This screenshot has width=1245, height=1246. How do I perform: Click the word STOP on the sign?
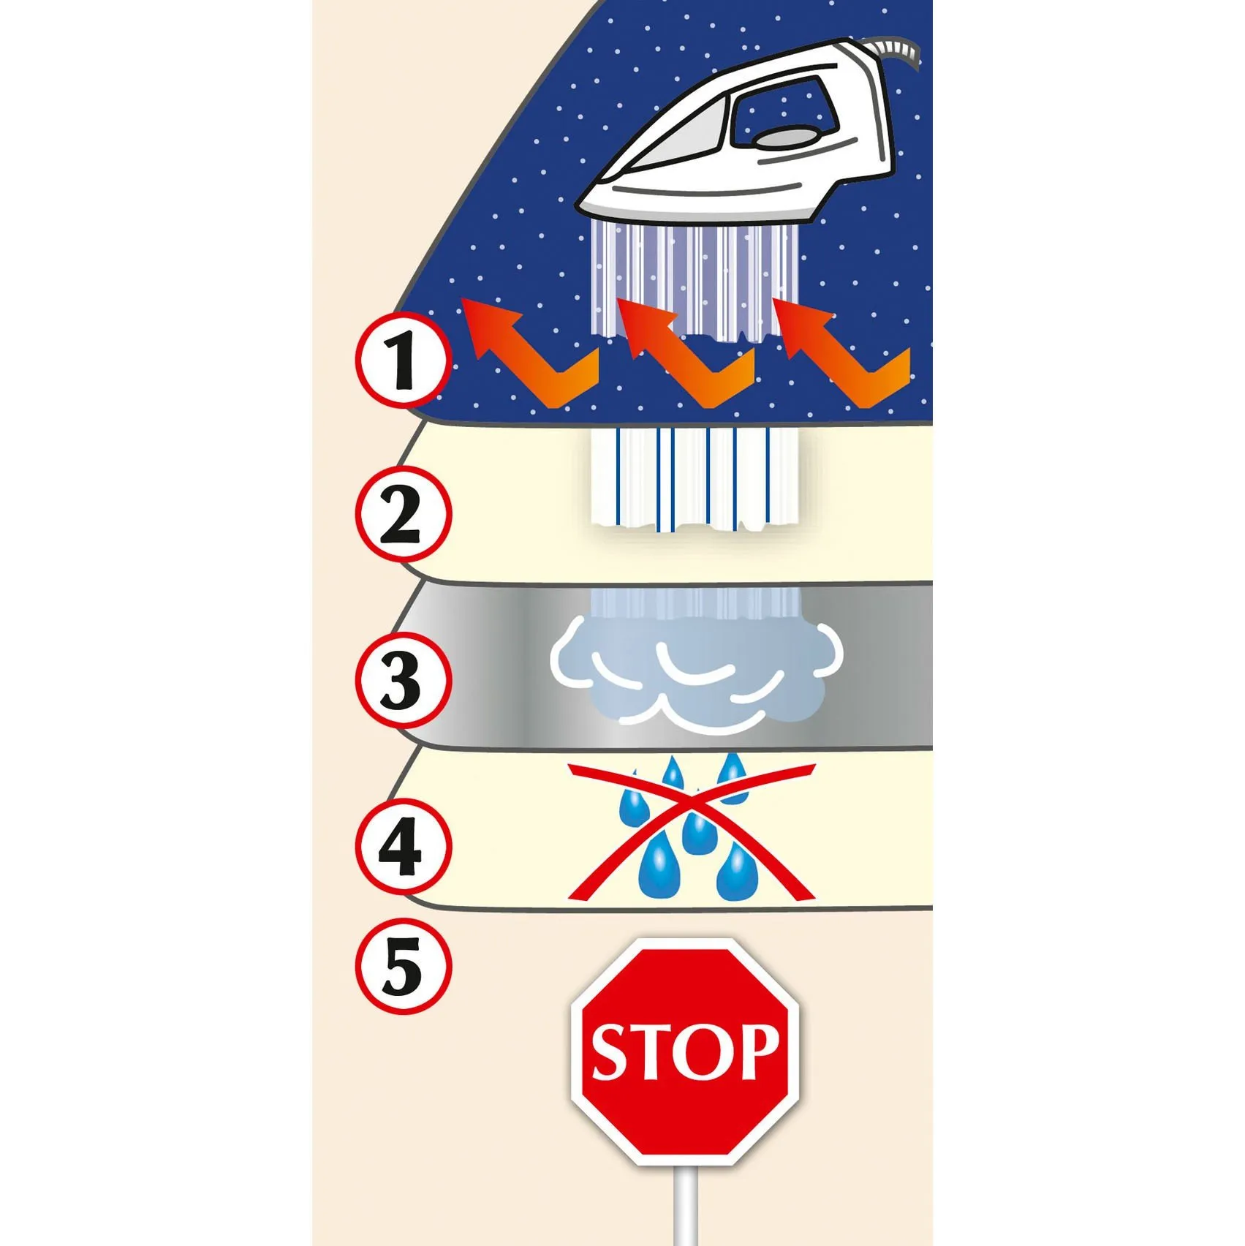tap(685, 1051)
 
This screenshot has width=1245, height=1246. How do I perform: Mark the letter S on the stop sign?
tap(613, 1052)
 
